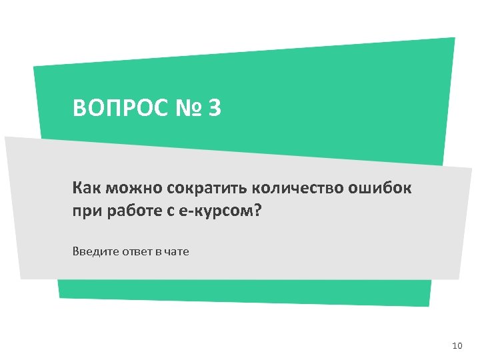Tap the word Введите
pyautogui.click(x=91, y=252)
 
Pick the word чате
pyautogui.click(x=177, y=252)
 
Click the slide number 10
pyautogui.click(x=457, y=345)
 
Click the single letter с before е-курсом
pyautogui.click(x=171, y=212)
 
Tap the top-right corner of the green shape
pyautogui.click(x=455, y=38)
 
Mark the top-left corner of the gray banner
pyautogui.click(x=5, y=137)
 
